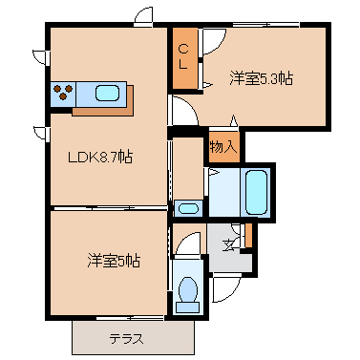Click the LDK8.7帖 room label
pos(99,158)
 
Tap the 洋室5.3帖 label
pos(260,78)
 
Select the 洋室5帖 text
pos(114,260)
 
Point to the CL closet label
pos(183,57)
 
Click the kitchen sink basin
pos(106,94)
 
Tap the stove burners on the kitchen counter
pos(65,94)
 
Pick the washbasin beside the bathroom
pos(188,208)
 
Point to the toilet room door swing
pos(188,246)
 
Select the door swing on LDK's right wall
pos(183,110)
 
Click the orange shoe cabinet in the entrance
pos(247,234)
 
